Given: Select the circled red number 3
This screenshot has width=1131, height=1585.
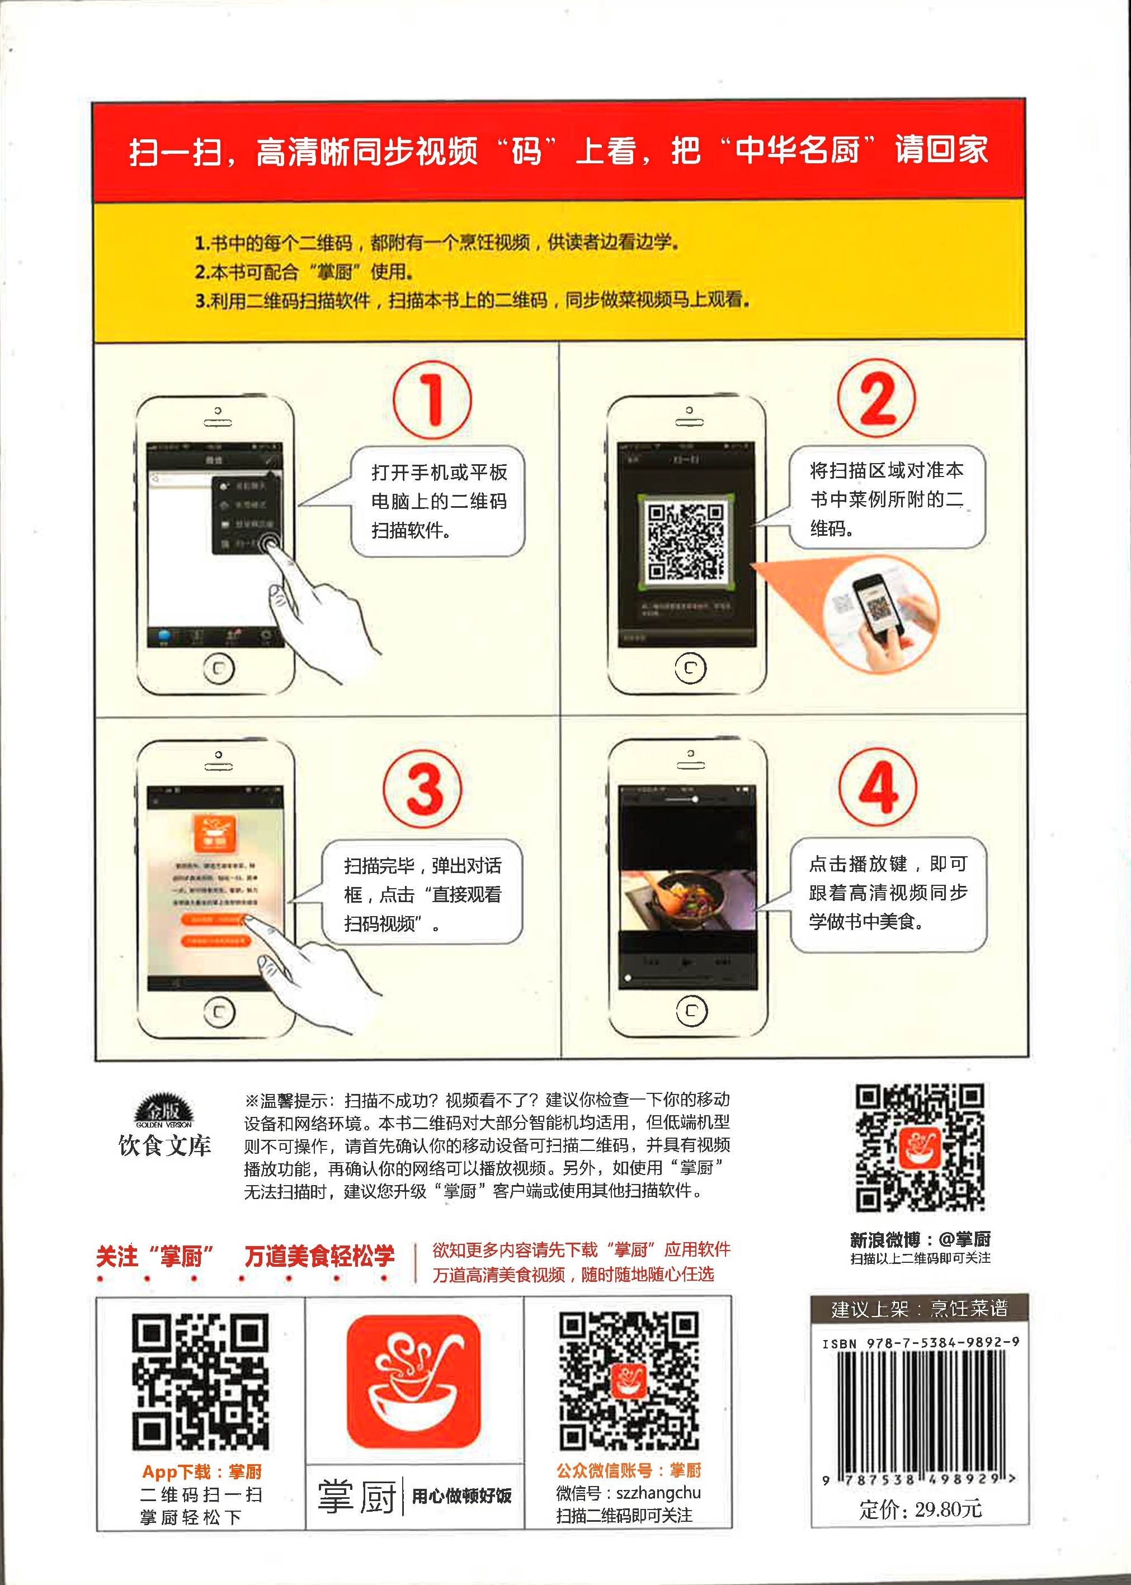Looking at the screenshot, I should tap(423, 789).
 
